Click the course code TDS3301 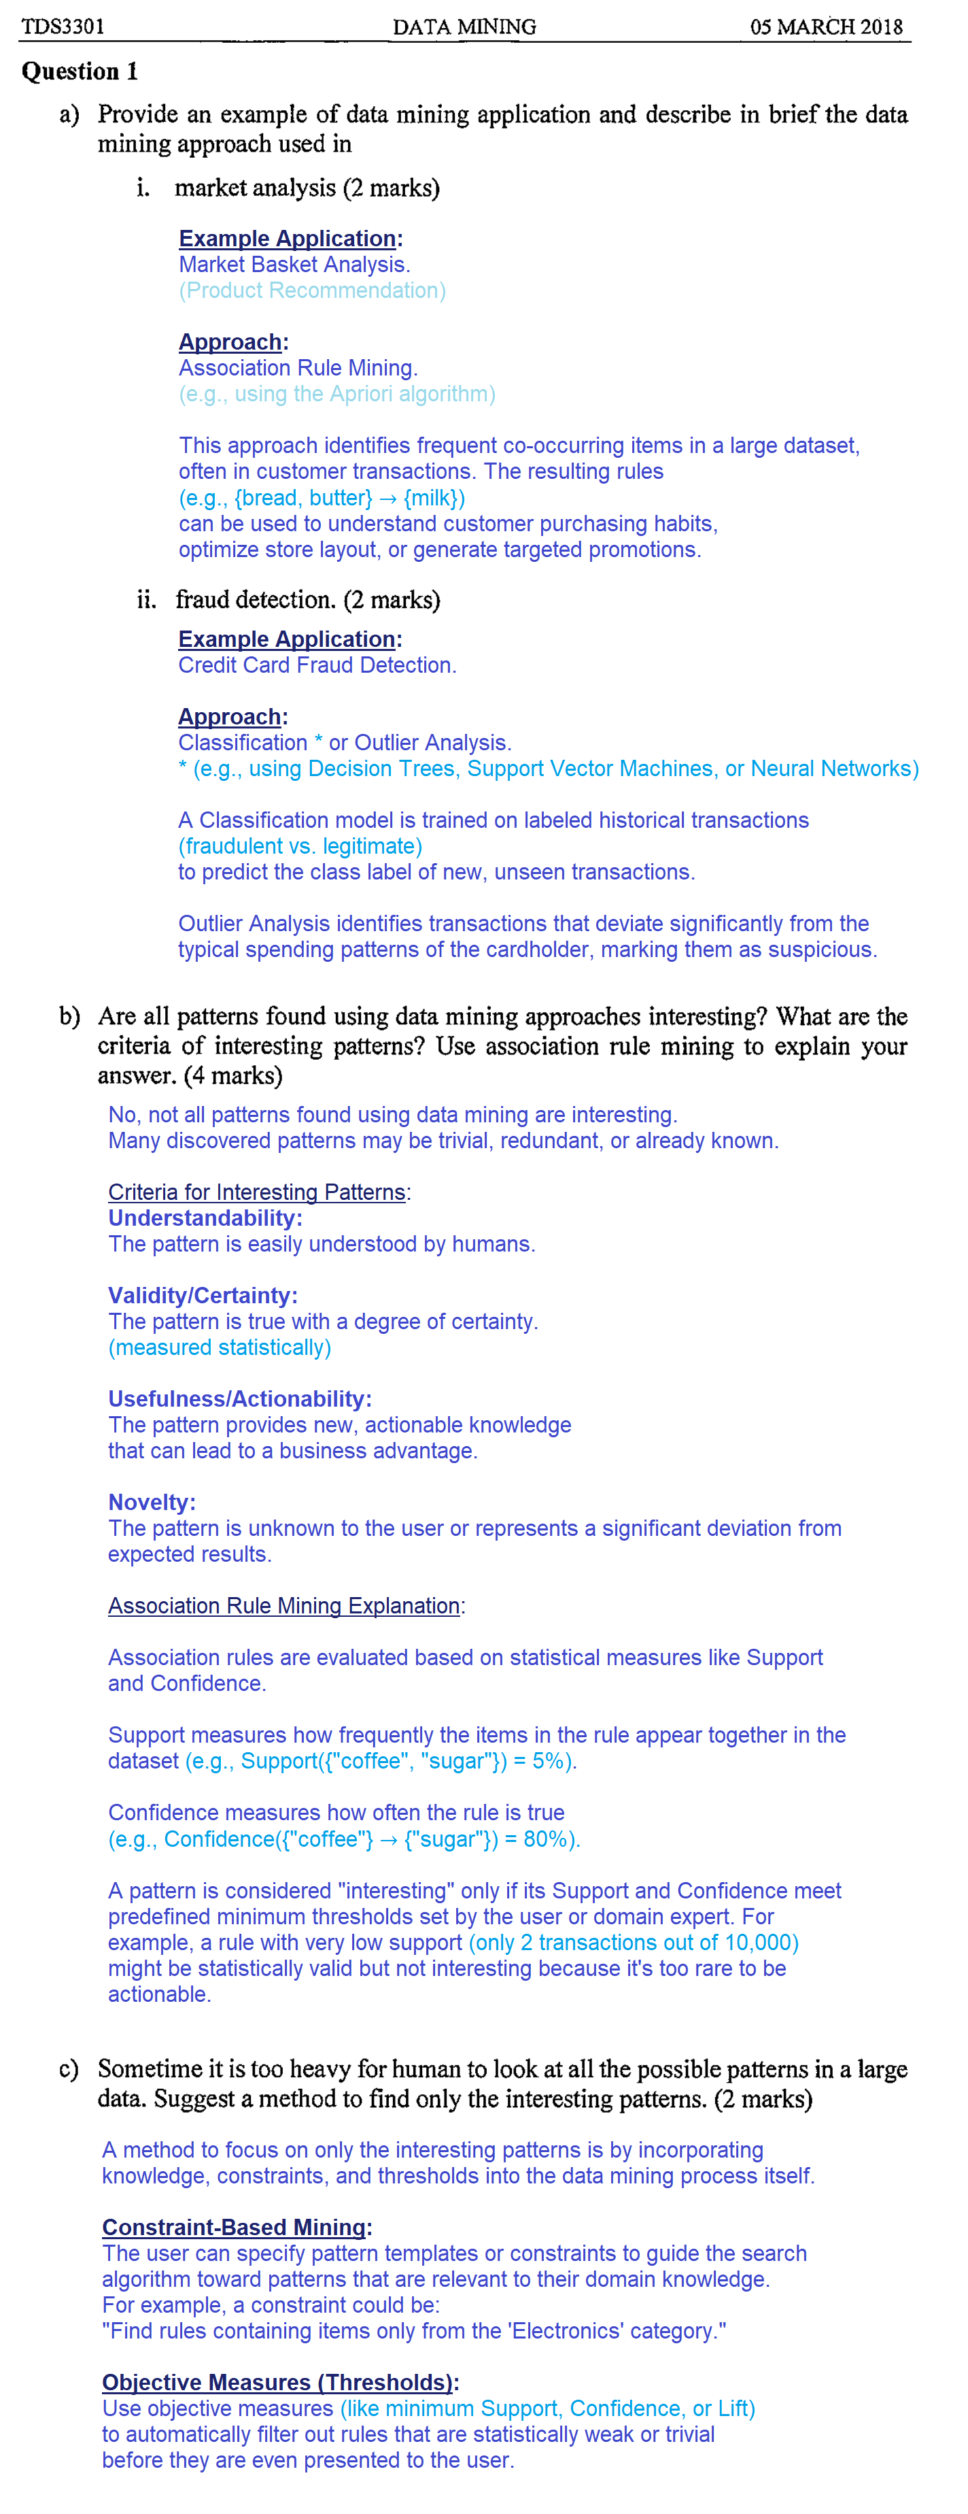[x=63, y=27]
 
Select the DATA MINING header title [x=464, y=27]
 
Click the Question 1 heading [x=80, y=71]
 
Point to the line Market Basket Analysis [x=294, y=265]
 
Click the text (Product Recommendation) [x=311, y=291]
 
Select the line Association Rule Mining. [x=298, y=368]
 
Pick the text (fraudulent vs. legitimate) [x=300, y=846]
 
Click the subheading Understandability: [x=205, y=1218]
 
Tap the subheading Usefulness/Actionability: [x=239, y=1398]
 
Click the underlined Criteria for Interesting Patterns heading [x=258, y=1192]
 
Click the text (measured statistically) [x=220, y=1347]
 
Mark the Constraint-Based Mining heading [x=235, y=2227]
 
